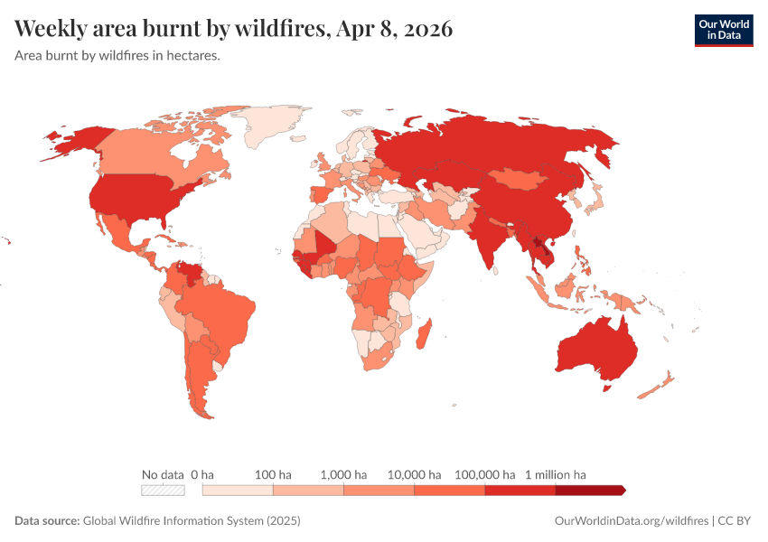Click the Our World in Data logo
click(723, 30)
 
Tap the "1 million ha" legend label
click(556, 474)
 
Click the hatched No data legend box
click(164, 491)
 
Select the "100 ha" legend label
click(273, 474)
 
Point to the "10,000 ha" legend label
click(415, 474)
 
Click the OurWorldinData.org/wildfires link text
click(631, 521)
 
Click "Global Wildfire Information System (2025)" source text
click(192, 521)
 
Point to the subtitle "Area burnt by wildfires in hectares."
click(118, 55)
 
